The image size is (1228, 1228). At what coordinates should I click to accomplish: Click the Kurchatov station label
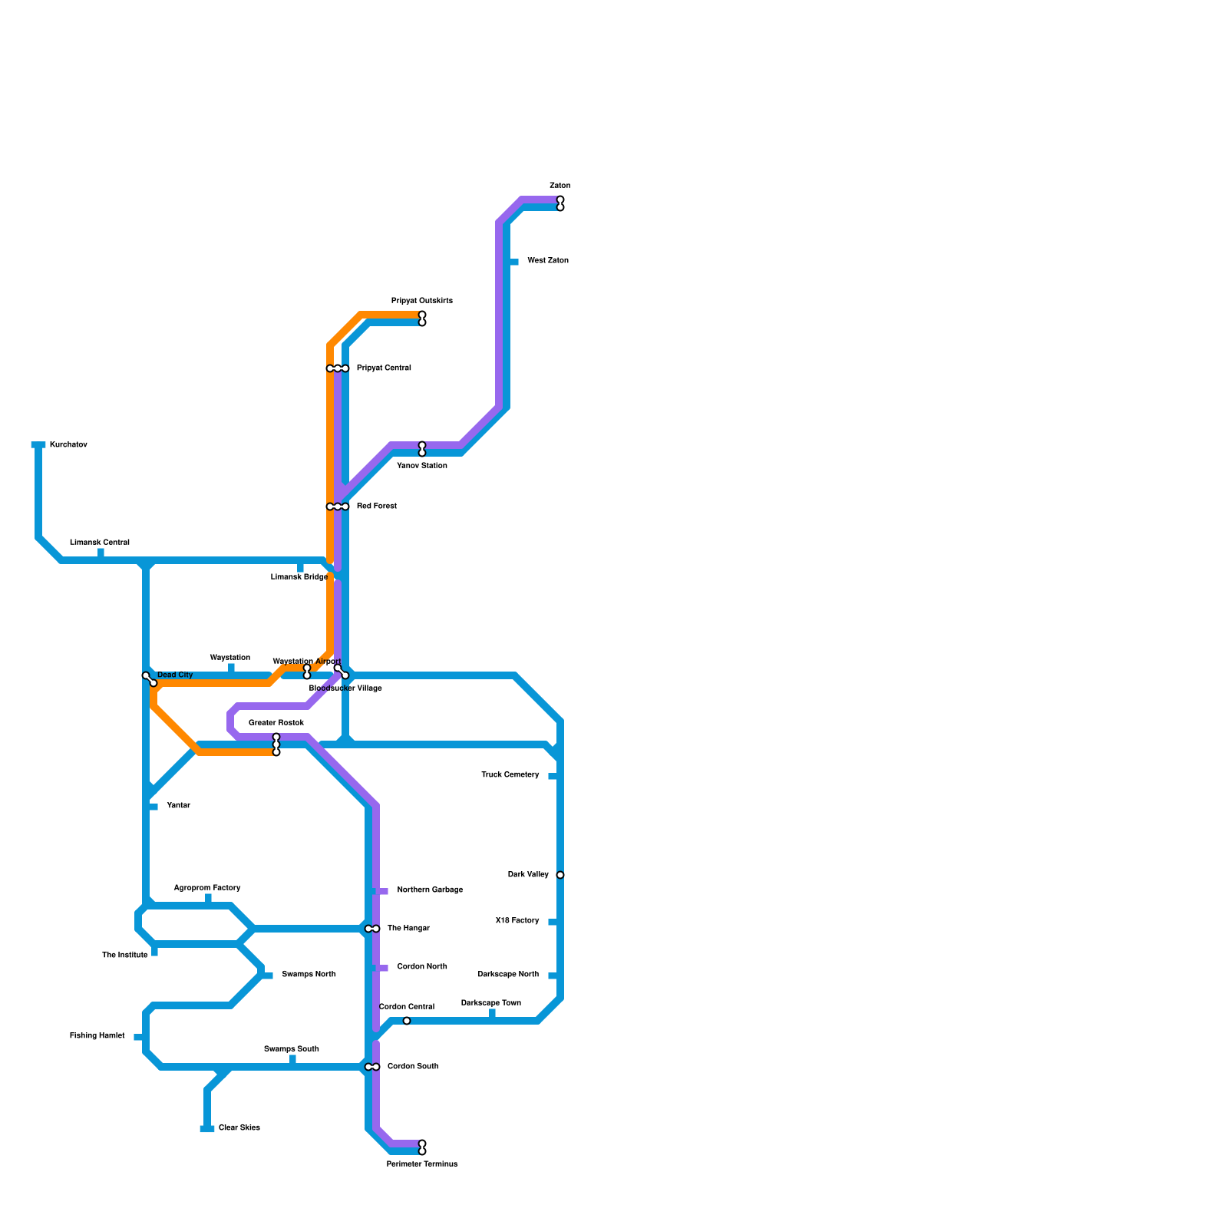pyautogui.click(x=68, y=445)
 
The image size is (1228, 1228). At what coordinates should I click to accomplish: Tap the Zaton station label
pyautogui.click(x=560, y=186)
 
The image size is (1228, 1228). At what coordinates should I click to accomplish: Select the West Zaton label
pyautogui.click(x=548, y=261)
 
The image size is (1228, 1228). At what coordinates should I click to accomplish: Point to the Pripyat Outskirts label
pyautogui.click(x=422, y=301)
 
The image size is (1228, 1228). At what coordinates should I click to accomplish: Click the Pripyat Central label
pyautogui.click(x=384, y=368)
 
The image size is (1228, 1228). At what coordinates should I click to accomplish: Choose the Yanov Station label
pyautogui.click(x=422, y=466)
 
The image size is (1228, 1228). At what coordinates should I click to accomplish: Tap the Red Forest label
pyautogui.click(x=376, y=507)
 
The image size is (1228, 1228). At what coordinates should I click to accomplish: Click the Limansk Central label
pyautogui.click(x=100, y=543)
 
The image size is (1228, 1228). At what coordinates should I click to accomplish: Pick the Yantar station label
pyautogui.click(x=178, y=806)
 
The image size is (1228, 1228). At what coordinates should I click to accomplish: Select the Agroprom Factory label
pyautogui.click(x=207, y=888)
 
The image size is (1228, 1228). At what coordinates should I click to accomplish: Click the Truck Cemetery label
pyautogui.click(x=510, y=775)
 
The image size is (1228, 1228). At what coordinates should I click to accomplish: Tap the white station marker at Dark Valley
pyautogui.click(x=560, y=875)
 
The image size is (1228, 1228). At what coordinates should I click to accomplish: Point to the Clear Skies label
pyautogui.click(x=239, y=1128)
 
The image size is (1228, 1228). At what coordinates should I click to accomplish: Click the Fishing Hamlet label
pyautogui.click(x=97, y=1036)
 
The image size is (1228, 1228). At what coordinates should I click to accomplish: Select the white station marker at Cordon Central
pyautogui.click(x=407, y=1021)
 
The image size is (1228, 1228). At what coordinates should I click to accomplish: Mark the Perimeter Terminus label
pyautogui.click(x=422, y=1164)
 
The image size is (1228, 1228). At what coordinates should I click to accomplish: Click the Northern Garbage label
pyautogui.click(x=430, y=890)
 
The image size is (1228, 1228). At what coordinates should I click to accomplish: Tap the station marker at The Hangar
pyautogui.click(x=372, y=929)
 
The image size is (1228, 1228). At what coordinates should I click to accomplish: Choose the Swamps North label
pyautogui.click(x=309, y=975)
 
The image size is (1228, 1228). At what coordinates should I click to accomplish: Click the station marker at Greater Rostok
pyautogui.click(x=276, y=744)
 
